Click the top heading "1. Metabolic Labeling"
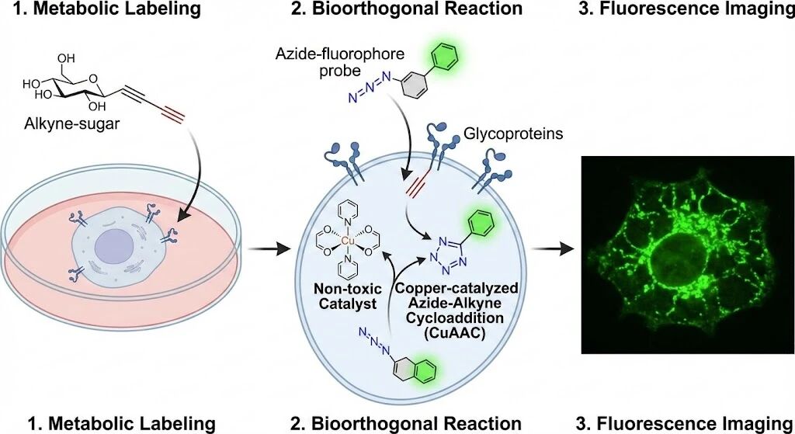114,9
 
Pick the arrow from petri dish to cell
262,250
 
